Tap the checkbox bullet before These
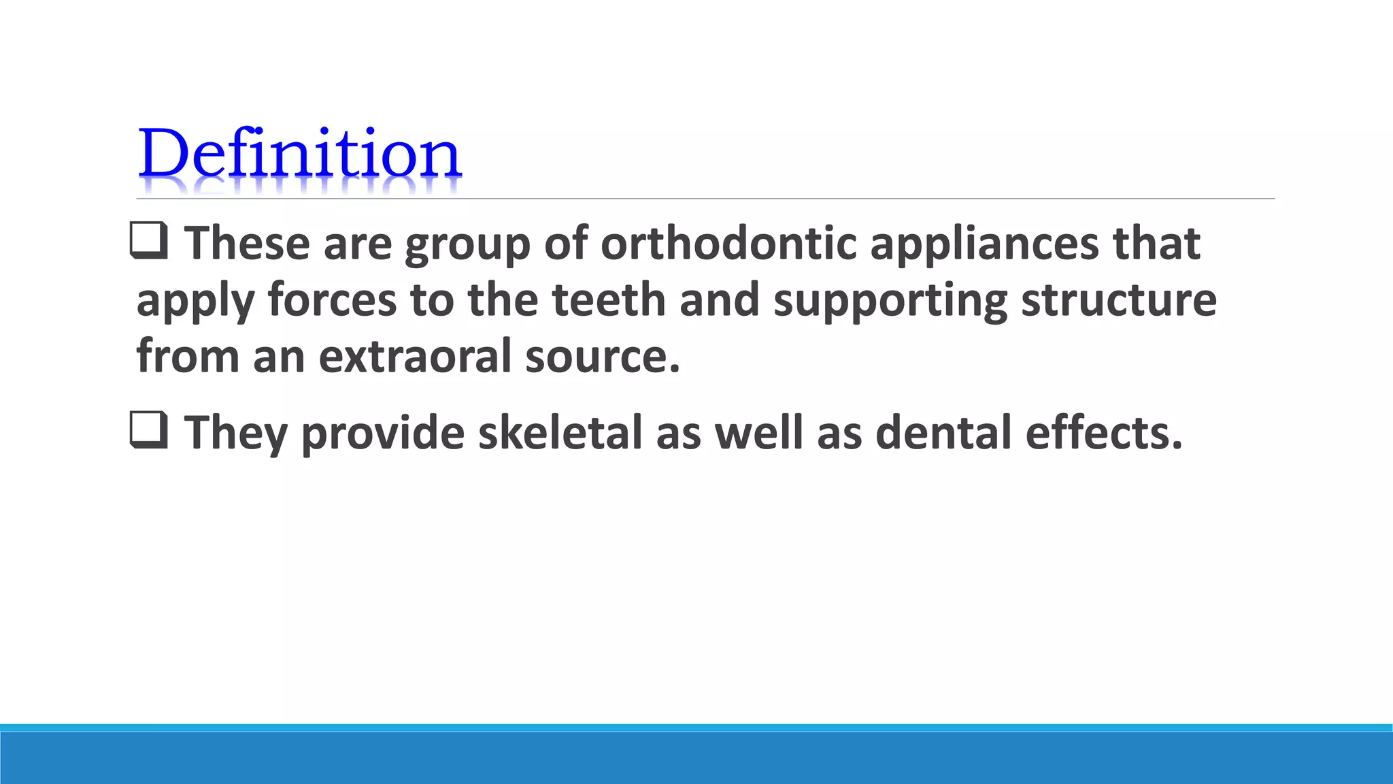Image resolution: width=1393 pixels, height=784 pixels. [148, 242]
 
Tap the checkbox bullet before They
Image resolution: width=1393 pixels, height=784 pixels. [148, 431]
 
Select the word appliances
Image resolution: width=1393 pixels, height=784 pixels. [984, 244]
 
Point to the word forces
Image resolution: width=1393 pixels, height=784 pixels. [332, 300]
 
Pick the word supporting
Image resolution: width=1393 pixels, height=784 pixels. [890, 300]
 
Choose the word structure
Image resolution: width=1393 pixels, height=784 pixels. [1119, 300]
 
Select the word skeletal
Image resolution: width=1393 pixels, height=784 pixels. [560, 433]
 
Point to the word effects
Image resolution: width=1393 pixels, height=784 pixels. [1104, 433]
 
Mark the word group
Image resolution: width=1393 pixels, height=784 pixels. [467, 245]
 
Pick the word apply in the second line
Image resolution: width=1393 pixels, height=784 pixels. [195, 301]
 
